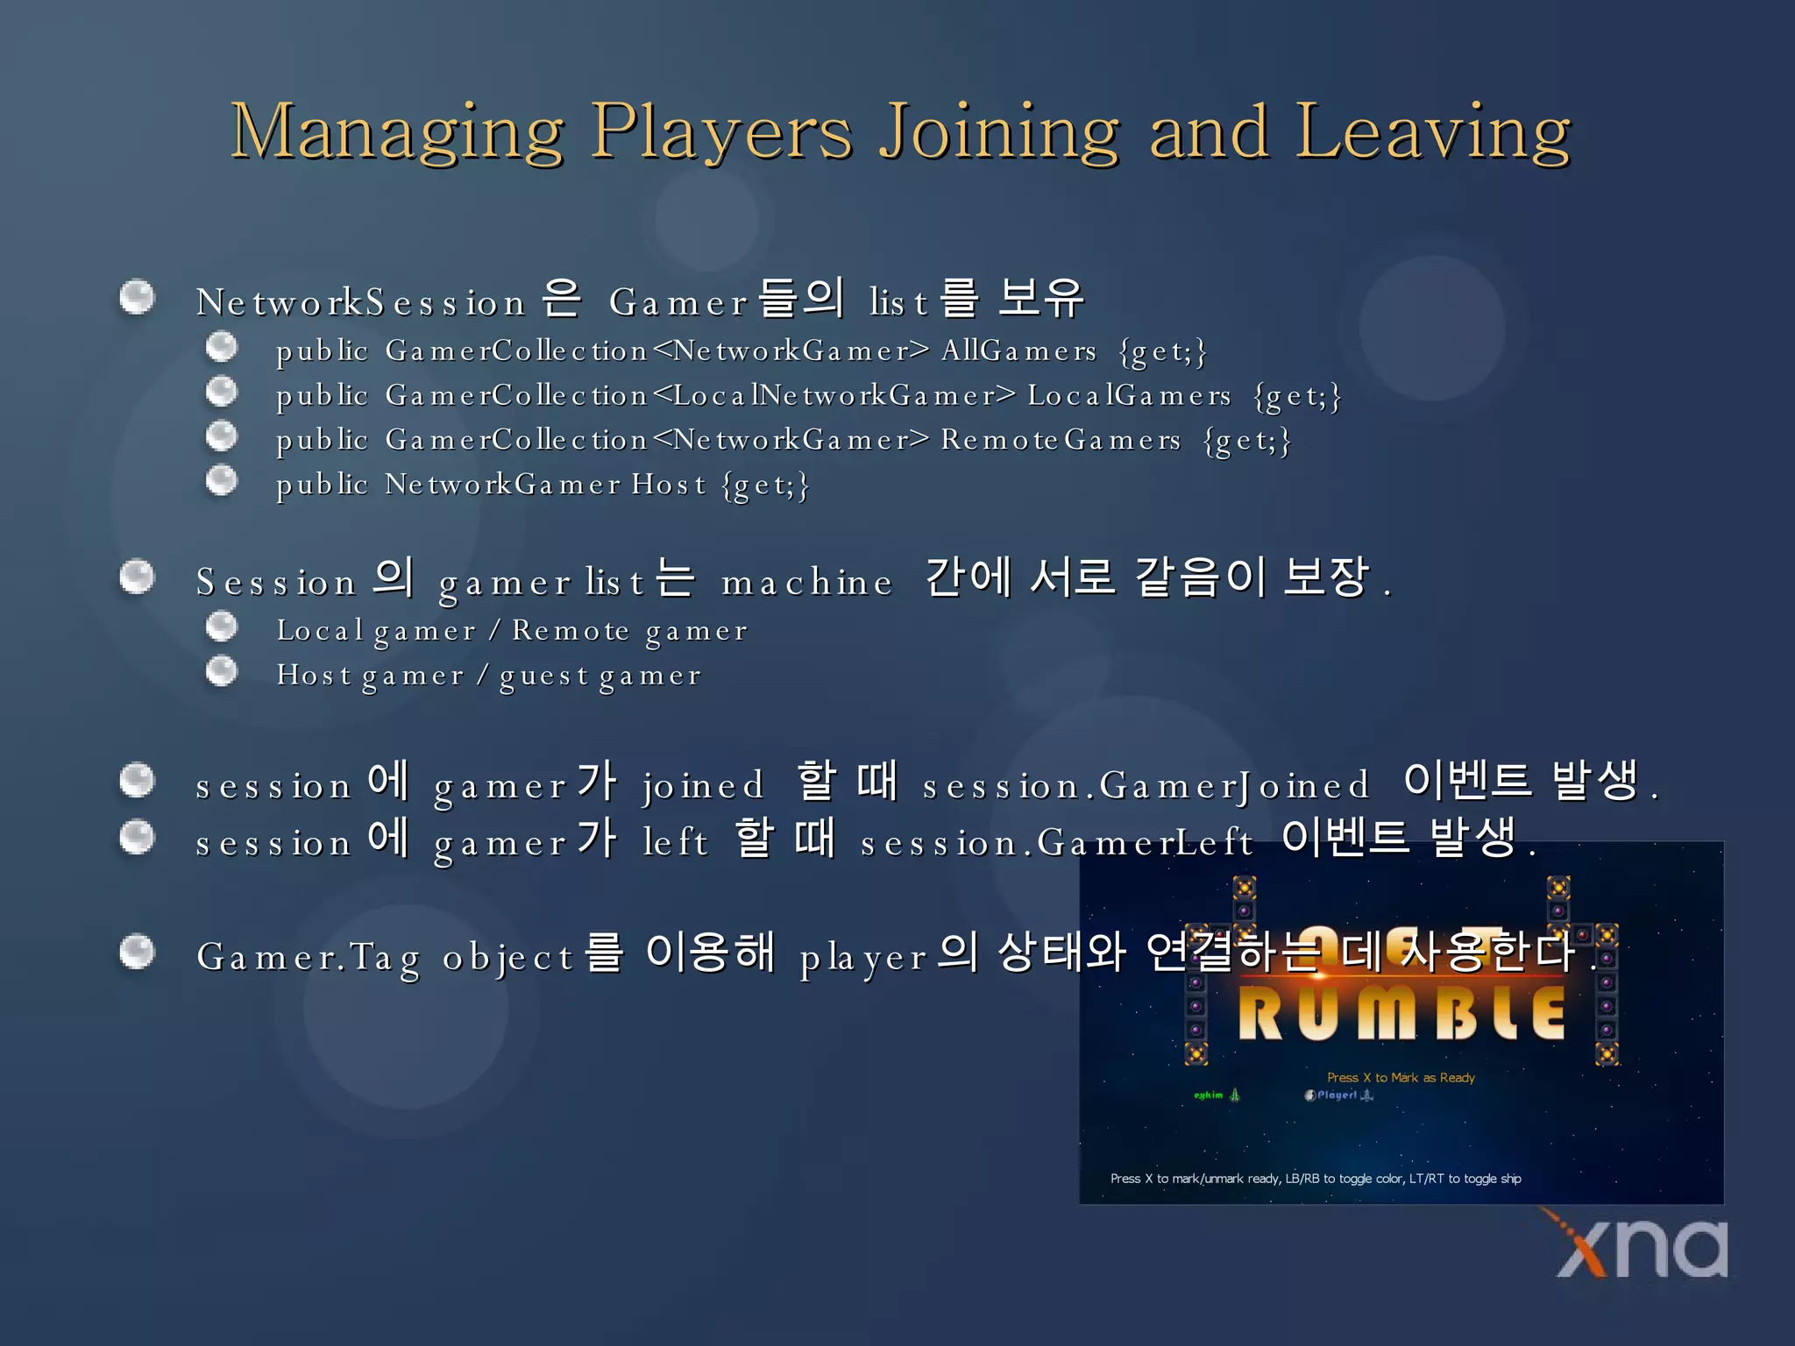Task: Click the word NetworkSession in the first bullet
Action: tap(360, 302)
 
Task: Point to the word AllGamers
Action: tap(1018, 351)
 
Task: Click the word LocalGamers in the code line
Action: tap(1129, 395)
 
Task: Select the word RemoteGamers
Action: tap(1061, 440)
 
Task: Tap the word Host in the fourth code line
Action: tap(669, 485)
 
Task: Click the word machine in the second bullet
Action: tap(806, 582)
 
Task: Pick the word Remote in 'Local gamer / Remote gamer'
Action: tap(571, 630)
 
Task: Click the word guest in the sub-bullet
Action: tap(543, 676)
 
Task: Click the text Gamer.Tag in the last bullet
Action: tap(308, 956)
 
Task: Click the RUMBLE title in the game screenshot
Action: tap(1401, 1014)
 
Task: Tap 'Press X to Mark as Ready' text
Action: tap(1401, 1078)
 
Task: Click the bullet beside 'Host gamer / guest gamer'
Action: tap(222, 672)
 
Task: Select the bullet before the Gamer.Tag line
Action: tap(137, 953)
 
